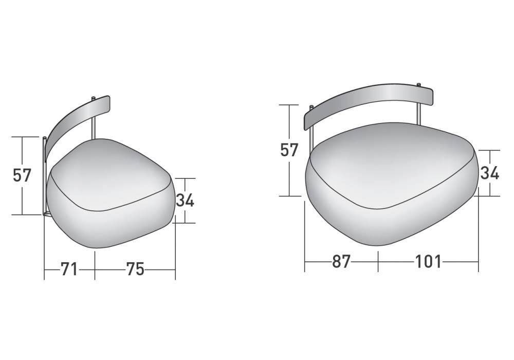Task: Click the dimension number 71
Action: pos(69,269)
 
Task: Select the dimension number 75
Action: pos(135,269)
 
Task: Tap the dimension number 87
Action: pos(341,262)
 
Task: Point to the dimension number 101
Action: pos(429,262)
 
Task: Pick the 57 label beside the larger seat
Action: pos(289,150)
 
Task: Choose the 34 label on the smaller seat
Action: pos(185,201)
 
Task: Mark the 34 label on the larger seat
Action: pos(490,173)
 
